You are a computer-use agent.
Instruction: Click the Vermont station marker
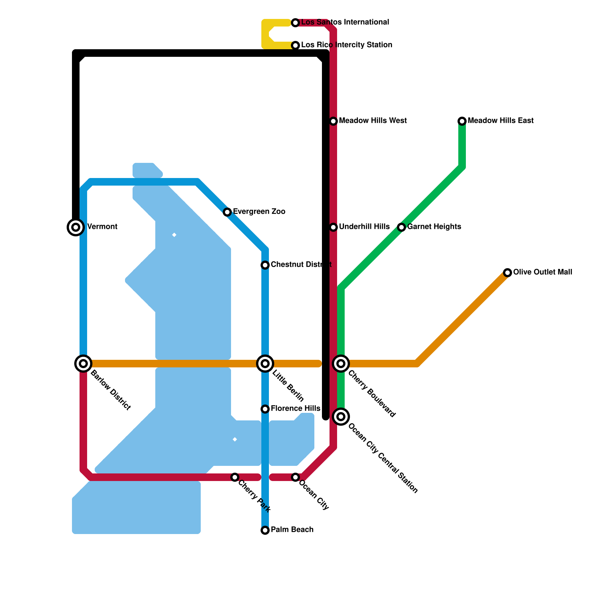(76, 227)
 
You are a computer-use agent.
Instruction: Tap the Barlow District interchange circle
(83, 364)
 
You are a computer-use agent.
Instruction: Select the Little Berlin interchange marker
(265, 364)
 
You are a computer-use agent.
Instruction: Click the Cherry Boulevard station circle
(341, 364)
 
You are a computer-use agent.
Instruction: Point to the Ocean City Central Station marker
(341, 417)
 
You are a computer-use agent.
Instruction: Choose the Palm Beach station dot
(265, 530)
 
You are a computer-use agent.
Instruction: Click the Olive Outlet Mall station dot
(508, 273)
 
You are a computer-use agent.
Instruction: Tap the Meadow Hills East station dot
(462, 121)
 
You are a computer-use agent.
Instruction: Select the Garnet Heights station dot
(401, 227)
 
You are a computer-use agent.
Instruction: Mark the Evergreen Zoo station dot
(227, 212)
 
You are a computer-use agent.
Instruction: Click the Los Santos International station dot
(295, 23)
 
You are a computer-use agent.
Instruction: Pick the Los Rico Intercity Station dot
(295, 45)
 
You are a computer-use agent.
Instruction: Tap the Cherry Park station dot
(235, 477)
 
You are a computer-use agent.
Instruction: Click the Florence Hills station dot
(265, 409)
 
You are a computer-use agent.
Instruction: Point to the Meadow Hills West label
(373, 121)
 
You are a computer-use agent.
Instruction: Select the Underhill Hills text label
(364, 227)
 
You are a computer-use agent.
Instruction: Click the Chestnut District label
(301, 264)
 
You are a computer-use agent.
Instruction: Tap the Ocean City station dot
(295, 477)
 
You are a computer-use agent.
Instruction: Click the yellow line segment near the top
(265, 34)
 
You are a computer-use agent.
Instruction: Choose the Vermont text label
(102, 227)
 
